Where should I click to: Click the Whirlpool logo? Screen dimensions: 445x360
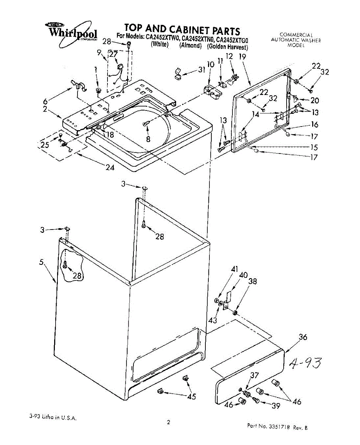[x=73, y=32]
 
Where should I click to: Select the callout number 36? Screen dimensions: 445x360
[x=303, y=337]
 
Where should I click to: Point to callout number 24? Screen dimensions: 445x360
[x=109, y=167]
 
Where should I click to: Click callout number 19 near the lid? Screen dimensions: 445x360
[x=242, y=57]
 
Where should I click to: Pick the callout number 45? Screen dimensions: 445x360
[x=191, y=397]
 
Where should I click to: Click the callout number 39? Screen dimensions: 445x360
[x=275, y=406]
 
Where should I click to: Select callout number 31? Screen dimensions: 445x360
[x=202, y=69]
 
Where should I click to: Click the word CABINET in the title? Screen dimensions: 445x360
[x=185, y=29]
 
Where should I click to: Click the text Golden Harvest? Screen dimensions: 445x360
[x=228, y=47]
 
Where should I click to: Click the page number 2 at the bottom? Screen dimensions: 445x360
[x=168, y=422]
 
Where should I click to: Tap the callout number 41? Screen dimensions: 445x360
[x=234, y=270]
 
